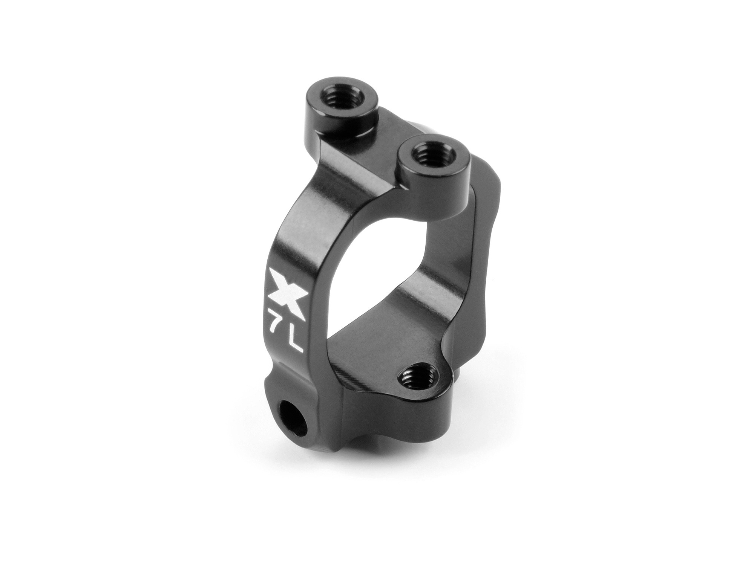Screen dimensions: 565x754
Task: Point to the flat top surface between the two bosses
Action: tap(392, 128)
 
